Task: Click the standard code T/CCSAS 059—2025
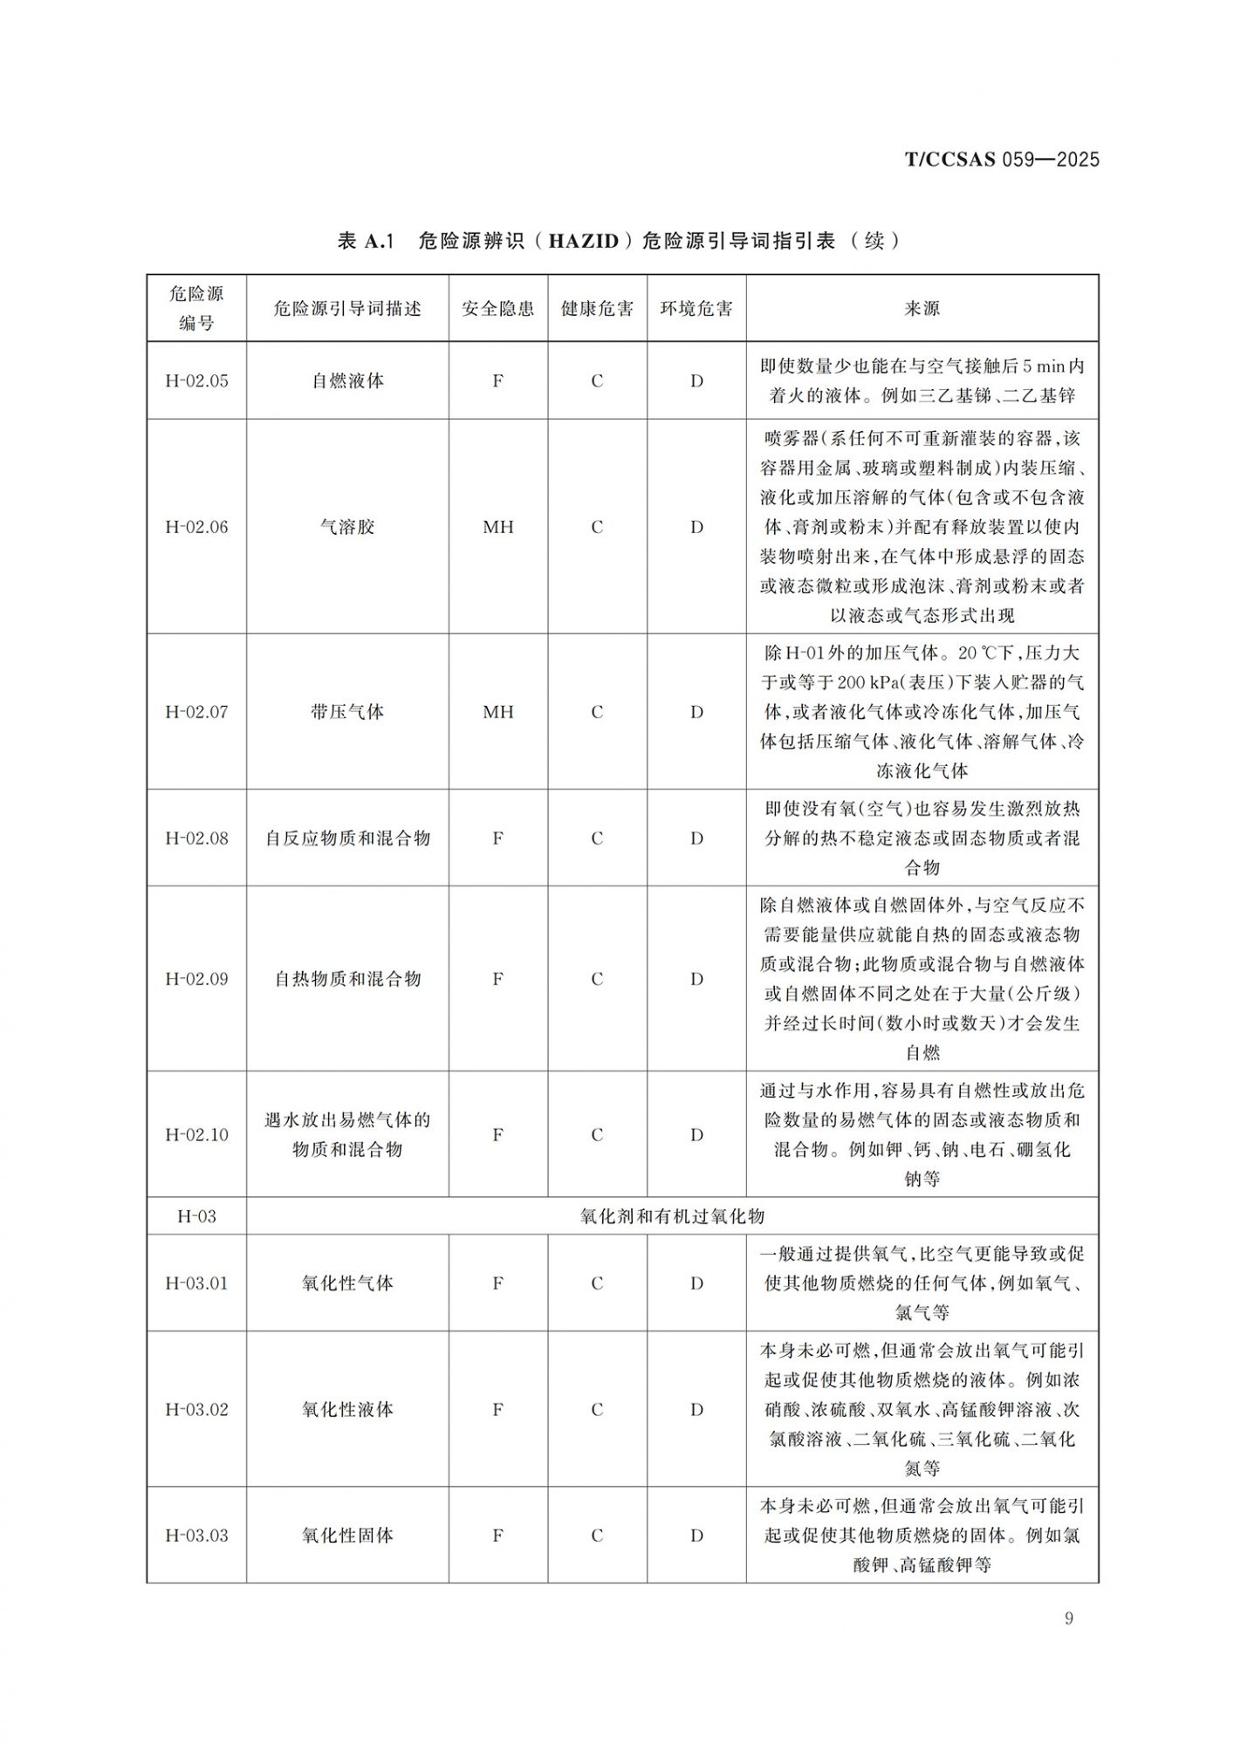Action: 1001,160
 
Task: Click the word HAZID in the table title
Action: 584,241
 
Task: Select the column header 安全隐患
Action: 497,309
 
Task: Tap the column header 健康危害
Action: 597,309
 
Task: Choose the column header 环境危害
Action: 696,309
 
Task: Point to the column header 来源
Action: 922,309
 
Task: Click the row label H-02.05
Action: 196,381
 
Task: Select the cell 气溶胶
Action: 347,527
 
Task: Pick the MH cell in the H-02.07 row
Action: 497,712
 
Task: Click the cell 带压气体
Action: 347,712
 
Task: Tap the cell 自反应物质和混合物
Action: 347,838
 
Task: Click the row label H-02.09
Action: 196,979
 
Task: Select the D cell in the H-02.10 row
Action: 696,1135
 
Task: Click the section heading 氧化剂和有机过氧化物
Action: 672,1216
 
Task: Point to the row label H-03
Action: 196,1216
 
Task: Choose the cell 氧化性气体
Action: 347,1283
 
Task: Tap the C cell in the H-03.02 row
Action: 597,1410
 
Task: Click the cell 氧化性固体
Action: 347,1536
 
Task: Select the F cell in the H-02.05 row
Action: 497,381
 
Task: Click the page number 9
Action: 1069,1618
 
